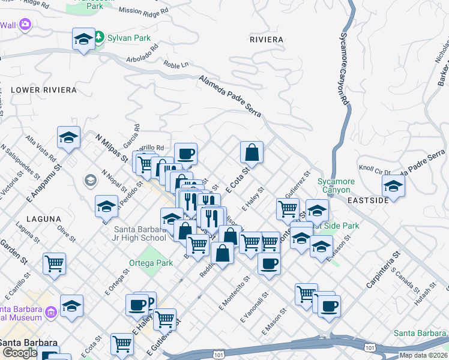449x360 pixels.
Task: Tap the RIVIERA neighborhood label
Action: pyautogui.click(x=266, y=40)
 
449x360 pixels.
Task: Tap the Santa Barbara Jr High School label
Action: pyautogui.click(x=140, y=233)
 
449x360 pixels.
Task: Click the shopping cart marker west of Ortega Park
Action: pyautogui.click(x=54, y=263)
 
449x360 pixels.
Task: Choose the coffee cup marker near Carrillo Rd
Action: pyautogui.click(x=185, y=154)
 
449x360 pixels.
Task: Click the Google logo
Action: pyautogui.click(x=19, y=353)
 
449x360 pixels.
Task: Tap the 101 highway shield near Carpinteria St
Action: pyautogui.click(x=370, y=347)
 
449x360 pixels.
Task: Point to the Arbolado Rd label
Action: pyautogui.click(x=142, y=60)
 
